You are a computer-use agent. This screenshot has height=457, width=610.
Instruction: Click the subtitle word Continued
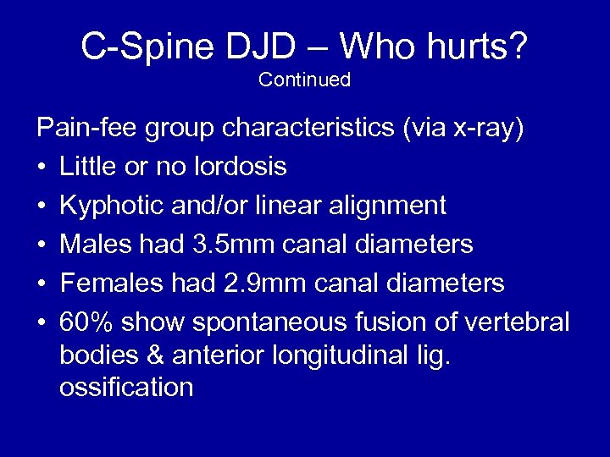point(304,80)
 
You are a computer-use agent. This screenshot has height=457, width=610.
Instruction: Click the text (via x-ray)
point(463,129)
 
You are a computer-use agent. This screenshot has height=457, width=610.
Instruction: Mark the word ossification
point(126,388)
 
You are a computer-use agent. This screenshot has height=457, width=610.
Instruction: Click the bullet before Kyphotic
point(42,206)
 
